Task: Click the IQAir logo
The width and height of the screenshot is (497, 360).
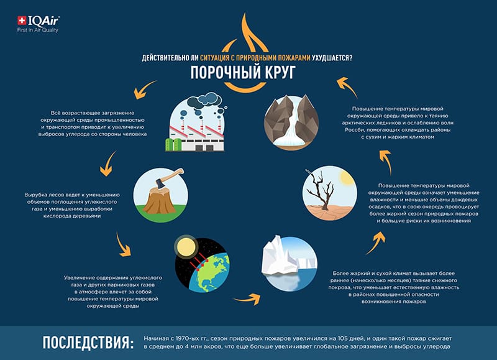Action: [38, 24]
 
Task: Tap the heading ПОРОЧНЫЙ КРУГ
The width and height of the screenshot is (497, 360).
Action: [243, 72]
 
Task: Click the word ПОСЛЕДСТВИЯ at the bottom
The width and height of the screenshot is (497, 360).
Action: [88, 343]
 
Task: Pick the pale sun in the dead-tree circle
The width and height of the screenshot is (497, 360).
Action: [346, 178]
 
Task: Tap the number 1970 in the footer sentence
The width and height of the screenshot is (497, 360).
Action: [181, 338]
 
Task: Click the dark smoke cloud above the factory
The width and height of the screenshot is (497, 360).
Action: [204, 100]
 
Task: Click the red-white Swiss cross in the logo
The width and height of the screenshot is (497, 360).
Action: [22, 21]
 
